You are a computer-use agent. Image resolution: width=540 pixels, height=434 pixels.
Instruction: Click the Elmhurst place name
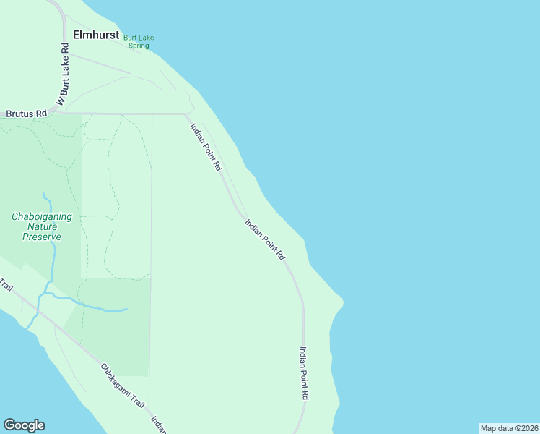96,34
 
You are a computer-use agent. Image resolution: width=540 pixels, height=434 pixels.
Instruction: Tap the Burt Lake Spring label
138,42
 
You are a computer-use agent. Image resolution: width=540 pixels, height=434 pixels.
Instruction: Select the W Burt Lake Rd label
63,75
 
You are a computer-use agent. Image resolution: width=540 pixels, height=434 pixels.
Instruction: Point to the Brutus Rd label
26,114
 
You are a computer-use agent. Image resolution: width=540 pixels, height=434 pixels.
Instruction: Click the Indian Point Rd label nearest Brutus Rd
206,146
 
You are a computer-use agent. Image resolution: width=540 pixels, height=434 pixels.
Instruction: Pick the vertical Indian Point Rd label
304,373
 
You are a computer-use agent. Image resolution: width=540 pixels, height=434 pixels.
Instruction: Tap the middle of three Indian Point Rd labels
265,239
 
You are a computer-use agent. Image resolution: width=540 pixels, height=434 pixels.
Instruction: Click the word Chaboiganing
41,216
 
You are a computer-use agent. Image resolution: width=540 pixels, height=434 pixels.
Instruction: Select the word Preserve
42,237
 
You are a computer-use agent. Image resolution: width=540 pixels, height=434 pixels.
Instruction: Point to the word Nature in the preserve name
42,226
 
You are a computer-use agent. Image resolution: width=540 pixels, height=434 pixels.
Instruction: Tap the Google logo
24,425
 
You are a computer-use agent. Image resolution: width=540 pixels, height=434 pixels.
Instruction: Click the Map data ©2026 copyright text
509,428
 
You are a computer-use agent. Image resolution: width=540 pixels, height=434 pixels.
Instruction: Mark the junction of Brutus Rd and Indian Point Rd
186,114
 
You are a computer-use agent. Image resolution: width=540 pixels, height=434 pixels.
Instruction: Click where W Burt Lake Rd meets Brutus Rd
56,113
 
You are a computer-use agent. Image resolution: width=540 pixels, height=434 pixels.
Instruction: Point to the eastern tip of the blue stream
127,310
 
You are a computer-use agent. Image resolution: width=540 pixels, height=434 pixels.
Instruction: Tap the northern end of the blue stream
43,193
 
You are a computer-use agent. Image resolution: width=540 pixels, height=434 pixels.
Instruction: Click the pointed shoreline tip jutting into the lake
342,299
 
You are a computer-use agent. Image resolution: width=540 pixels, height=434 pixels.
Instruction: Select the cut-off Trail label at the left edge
6,285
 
